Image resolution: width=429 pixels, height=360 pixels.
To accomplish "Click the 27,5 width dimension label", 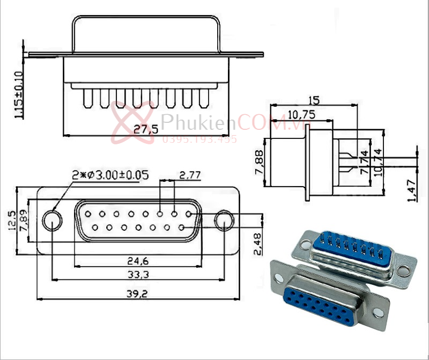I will pyautogui.click(x=145, y=129).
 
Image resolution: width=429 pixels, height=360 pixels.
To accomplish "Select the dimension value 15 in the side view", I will pyautogui.click(x=314, y=100).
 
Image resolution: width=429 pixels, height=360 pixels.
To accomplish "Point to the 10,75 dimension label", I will pyautogui.click(x=301, y=114).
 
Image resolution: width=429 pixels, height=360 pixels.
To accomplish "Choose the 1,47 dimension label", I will pyautogui.click(x=412, y=191).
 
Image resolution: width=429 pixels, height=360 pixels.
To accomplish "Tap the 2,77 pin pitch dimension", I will pyautogui.click(x=190, y=175).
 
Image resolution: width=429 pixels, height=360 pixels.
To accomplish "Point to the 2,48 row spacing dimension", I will pyautogui.click(x=258, y=244).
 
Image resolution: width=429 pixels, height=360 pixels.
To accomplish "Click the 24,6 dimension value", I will pyautogui.click(x=138, y=261).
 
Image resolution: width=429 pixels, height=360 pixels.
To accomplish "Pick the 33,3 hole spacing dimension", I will pyautogui.click(x=138, y=275).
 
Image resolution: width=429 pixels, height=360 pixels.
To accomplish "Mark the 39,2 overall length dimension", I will pyautogui.click(x=138, y=293).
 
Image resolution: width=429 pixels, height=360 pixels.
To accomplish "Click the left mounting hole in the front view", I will pyautogui.click(x=52, y=221).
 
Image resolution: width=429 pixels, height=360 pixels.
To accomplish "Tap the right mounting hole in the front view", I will pyautogui.click(x=224, y=221).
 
